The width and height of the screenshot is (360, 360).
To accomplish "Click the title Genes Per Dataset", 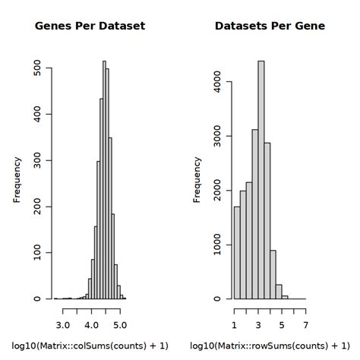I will point(90,26).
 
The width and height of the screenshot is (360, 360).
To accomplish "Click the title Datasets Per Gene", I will point(270,26).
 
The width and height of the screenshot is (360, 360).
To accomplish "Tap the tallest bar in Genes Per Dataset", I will point(104,182).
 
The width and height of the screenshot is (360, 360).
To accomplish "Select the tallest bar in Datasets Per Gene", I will point(261,182).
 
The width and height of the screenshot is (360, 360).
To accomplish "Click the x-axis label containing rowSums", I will point(270,346).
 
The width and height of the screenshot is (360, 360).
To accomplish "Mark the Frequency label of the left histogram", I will point(17,179).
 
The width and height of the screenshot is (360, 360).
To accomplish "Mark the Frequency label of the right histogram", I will point(197,179).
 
